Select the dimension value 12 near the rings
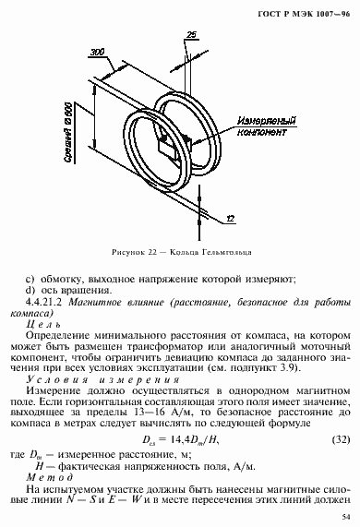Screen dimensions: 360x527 tap(230, 218)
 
